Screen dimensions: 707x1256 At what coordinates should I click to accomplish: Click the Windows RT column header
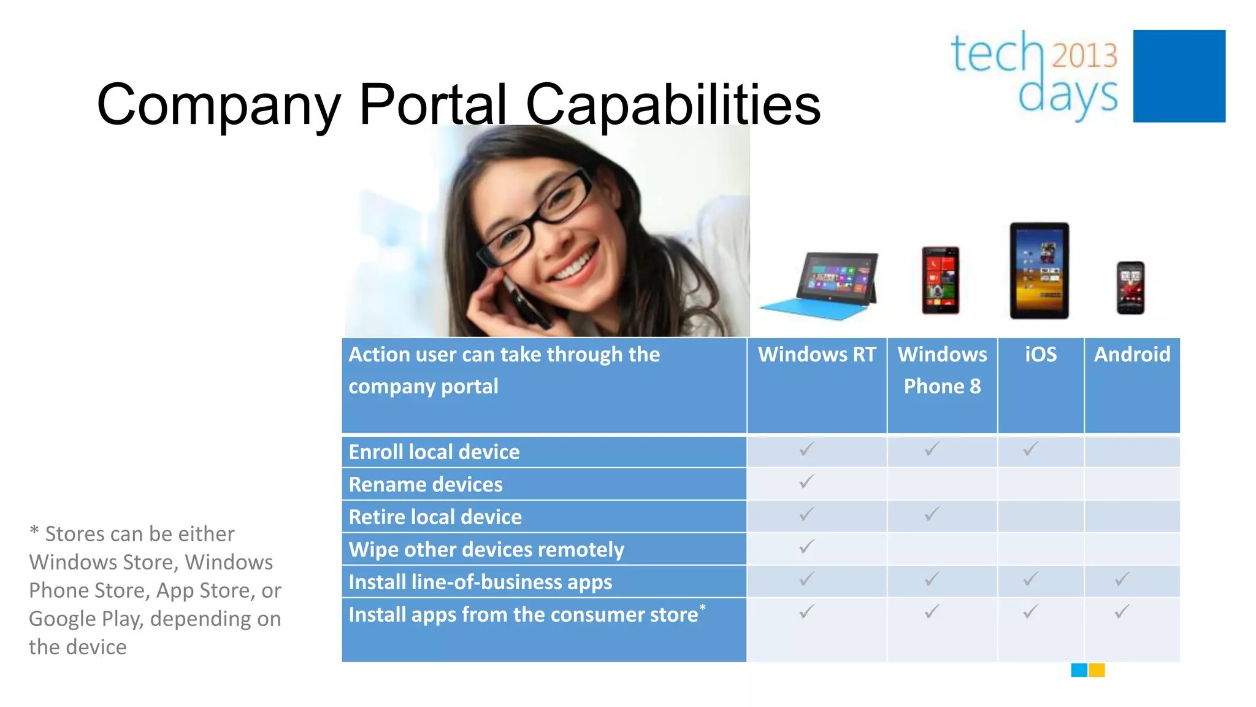[x=817, y=355]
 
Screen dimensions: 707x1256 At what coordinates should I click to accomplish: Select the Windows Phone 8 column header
[x=942, y=370]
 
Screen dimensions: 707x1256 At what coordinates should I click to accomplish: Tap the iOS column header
[x=1041, y=355]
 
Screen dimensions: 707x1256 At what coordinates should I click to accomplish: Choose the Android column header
[x=1132, y=355]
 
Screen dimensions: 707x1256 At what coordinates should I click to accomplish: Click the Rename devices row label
[x=426, y=485]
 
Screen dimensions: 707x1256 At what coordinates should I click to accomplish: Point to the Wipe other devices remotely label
[x=486, y=550]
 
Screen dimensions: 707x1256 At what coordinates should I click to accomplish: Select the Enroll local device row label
[x=434, y=452]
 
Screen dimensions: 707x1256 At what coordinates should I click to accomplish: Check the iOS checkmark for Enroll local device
[x=1031, y=449]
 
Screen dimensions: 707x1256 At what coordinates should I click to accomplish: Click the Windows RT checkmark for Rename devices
[x=806, y=482]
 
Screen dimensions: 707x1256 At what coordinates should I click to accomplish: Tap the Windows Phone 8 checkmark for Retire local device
[x=932, y=514]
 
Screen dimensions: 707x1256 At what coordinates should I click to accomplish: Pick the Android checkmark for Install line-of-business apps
[x=1122, y=579]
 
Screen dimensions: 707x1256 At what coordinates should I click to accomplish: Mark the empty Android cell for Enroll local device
[x=1132, y=452]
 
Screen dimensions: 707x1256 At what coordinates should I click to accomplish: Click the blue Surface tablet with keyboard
[x=821, y=286]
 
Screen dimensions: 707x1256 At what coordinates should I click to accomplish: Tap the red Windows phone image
[x=940, y=280]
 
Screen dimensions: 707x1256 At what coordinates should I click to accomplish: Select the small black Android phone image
[x=1130, y=287]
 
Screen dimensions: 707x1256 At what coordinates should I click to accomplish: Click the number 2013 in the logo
[x=1085, y=55]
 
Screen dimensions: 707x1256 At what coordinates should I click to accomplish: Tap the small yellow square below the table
[x=1097, y=670]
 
